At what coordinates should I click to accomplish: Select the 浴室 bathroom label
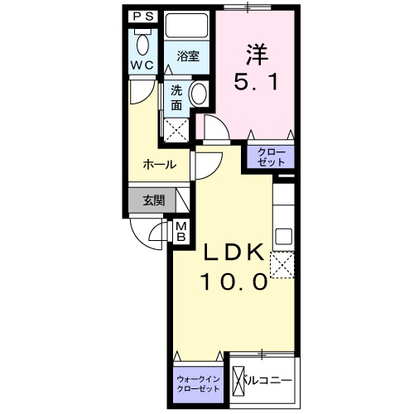point(187,56)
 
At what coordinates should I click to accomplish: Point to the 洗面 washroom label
point(177,99)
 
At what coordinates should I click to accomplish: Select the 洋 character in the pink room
point(254,54)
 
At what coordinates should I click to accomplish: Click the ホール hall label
point(159,164)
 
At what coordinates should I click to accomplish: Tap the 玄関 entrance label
point(152,200)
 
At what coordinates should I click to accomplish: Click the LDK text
point(234,253)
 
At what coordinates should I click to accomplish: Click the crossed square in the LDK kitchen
point(284,265)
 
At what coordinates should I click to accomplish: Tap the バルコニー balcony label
point(268,382)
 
